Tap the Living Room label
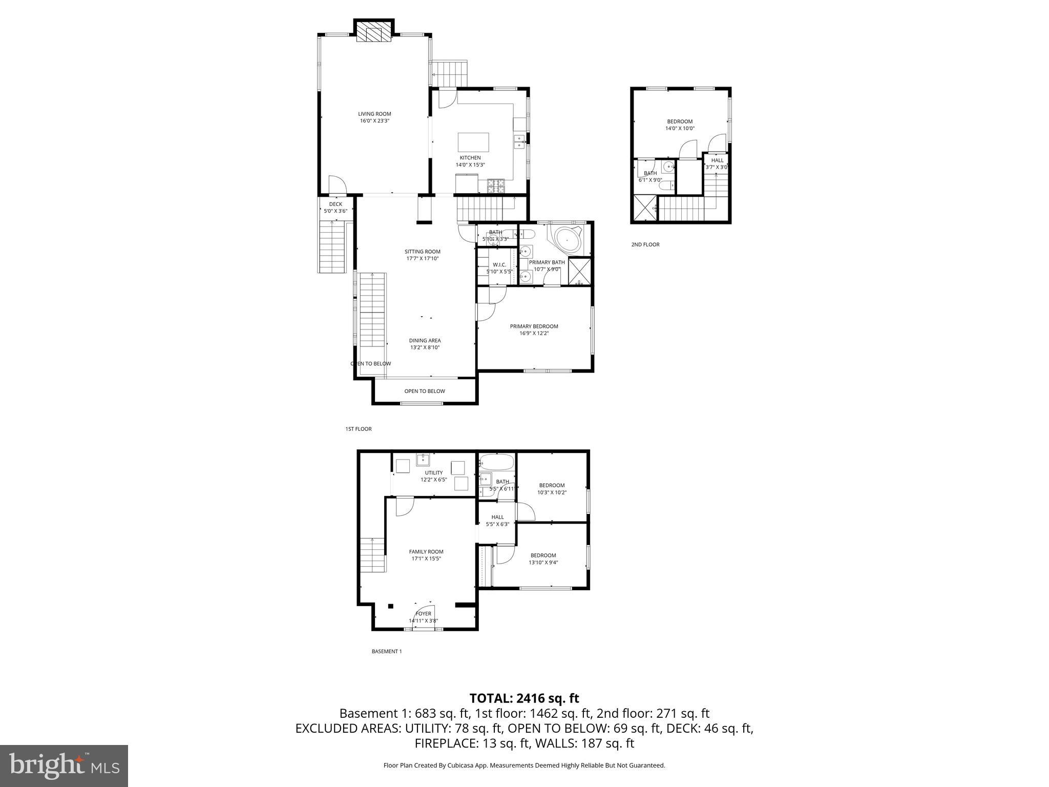[374, 114]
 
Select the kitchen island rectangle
[473, 141]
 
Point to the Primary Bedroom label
[534, 326]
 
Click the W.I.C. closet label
[499, 264]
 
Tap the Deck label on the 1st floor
[335, 204]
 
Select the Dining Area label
[425, 340]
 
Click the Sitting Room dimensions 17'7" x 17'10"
[423, 259]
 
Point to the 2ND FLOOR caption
[645, 244]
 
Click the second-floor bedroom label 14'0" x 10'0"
[680, 129]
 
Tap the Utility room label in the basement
[433, 472]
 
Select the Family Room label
[426, 552]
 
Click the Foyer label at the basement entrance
[423, 613]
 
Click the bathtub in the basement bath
[496, 463]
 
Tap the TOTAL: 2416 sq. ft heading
[524, 698]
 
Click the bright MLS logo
[64, 765]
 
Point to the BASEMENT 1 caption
[386, 651]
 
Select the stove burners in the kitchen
[496, 185]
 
